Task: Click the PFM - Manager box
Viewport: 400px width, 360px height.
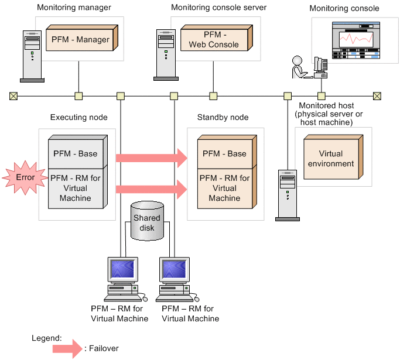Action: [80, 40]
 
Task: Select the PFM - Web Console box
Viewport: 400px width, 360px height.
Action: [213, 40]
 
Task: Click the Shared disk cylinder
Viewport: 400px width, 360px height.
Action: [146, 221]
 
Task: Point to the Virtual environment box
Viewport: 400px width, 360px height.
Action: [331, 159]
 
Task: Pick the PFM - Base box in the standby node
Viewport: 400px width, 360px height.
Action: [224, 153]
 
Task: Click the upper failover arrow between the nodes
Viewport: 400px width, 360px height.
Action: [151, 157]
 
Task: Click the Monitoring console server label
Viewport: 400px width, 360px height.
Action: [218, 8]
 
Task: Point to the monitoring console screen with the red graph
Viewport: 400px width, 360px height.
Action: [356, 39]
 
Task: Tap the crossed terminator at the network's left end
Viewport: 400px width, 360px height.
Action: [13, 96]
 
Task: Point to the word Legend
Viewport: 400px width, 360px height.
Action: [46, 338]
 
